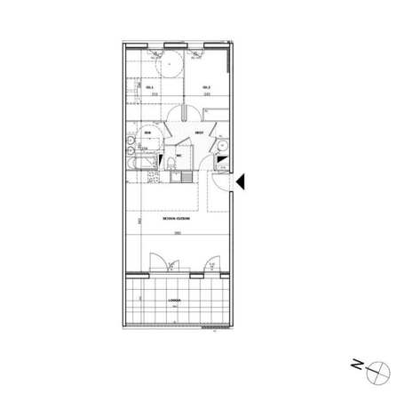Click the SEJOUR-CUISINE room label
click(x=174, y=218)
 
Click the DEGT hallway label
click(x=200, y=133)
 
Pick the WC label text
click(x=178, y=152)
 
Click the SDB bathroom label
click(x=147, y=133)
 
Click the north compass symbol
click(x=379, y=367)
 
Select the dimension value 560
click(x=177, y=234)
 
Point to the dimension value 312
click(x=153, y=93)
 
